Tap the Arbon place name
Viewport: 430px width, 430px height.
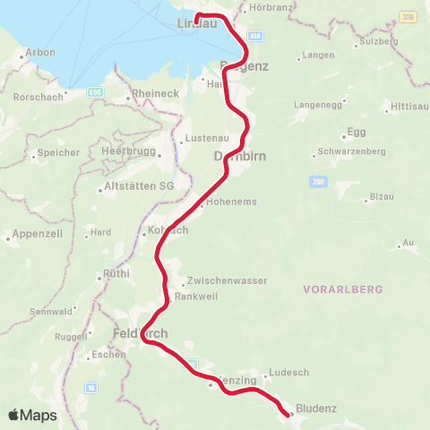[40, 53]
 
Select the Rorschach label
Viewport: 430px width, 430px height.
[37, 97]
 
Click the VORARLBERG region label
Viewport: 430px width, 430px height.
[343, 289]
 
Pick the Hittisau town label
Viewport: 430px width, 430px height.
[410, 107]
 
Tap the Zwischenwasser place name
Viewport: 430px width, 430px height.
[228, 280]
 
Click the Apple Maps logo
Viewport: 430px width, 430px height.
[32, 415]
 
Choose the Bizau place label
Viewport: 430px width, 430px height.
[382, 195]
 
